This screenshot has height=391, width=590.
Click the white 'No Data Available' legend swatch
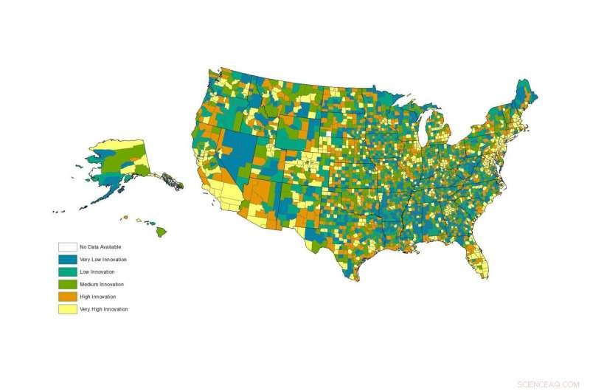[x=68, y=247]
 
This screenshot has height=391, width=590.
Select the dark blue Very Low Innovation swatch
[x=68, y=260]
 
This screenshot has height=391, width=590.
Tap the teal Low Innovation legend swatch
[x=68, y=272]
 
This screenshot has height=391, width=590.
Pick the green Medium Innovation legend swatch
[x=68, y=284]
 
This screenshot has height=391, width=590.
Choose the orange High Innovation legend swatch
[x=68, y=297]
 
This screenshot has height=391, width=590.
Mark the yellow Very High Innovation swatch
[x=68, y=309]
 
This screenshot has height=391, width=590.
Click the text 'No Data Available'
[x=100, y=247]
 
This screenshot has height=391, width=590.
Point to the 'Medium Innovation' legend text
[x=102, y=284]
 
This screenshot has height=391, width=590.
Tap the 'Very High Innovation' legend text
[x=104, y=309]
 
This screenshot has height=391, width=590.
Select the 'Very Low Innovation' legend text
[x=103, y=260]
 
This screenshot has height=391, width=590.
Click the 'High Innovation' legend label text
[x=99, y=297]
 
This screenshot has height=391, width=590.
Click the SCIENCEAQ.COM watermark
[x=549, y=384]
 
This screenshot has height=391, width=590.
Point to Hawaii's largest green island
[x=160, y=232]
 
